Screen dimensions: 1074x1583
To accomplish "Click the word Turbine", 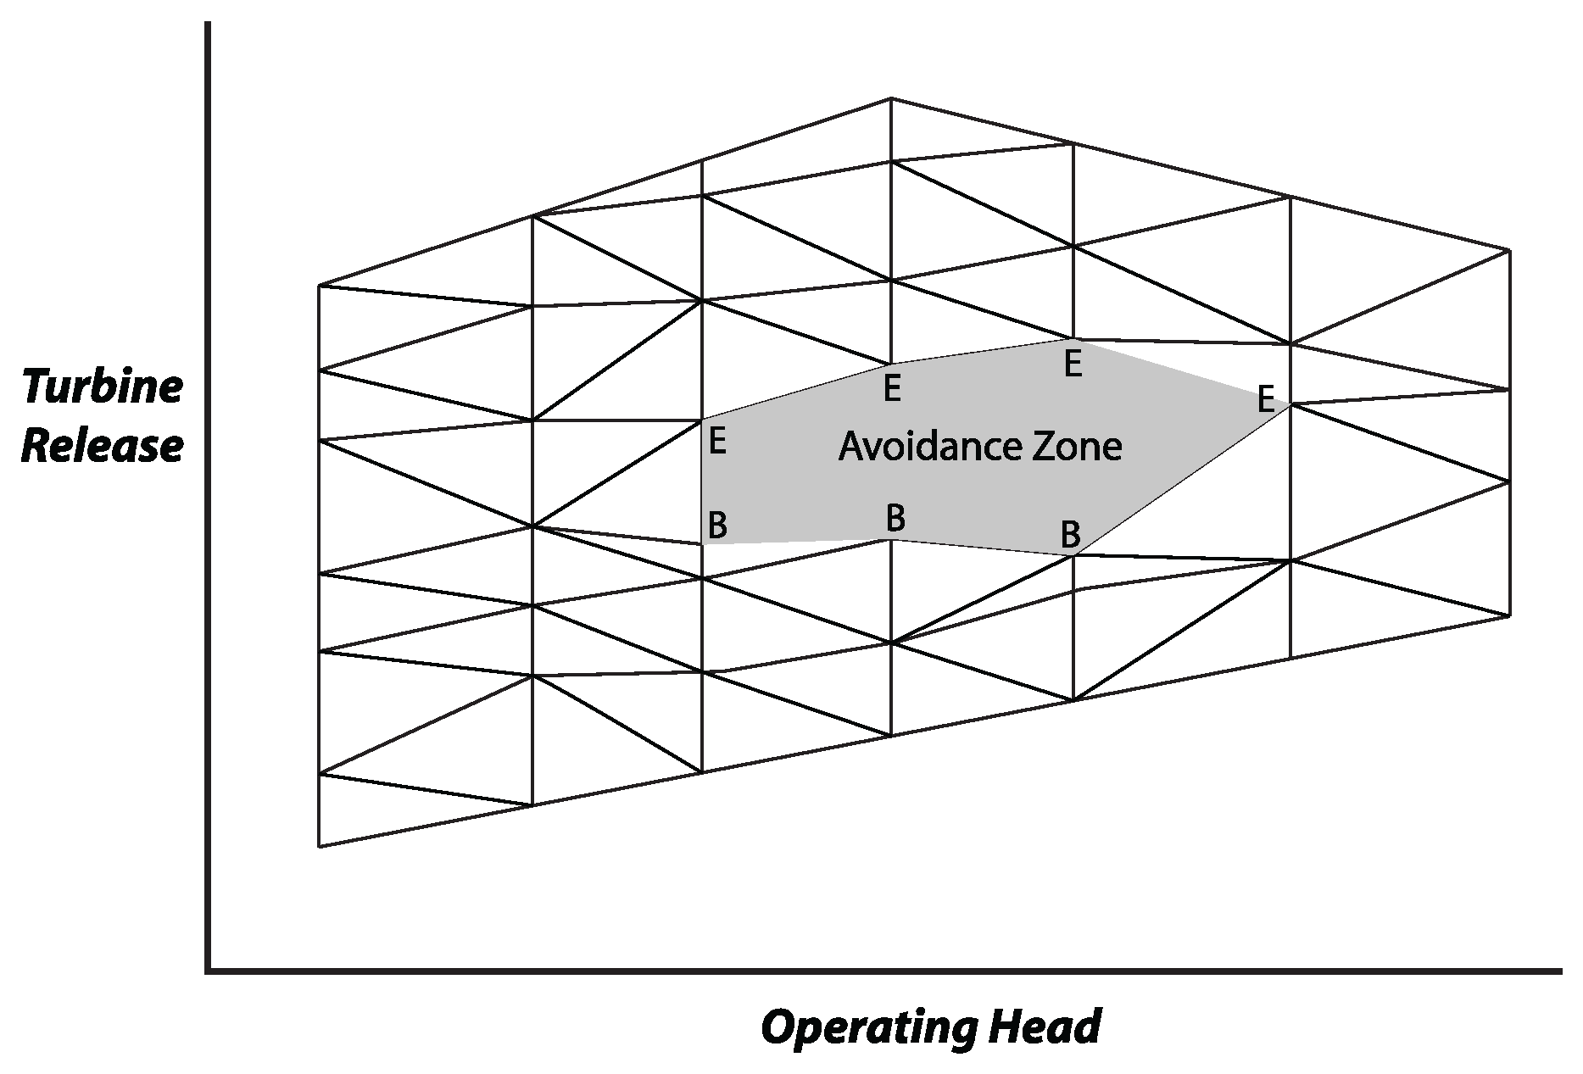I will coord(102,387).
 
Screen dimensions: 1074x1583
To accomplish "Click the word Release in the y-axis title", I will coord(102,447).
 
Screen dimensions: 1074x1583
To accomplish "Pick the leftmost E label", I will coord(716,442).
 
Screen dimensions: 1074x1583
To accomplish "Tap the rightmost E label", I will coord(1265,398).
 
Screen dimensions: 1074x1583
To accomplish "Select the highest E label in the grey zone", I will coord(1073,365).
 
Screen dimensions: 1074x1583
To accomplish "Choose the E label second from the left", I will coord(891,389).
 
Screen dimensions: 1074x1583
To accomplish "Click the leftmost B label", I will coord(716,526).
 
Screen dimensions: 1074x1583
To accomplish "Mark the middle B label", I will coord(895,517).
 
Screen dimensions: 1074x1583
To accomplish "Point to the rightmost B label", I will coord(1070,535).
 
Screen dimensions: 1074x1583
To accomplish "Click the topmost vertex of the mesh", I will coord(890,98).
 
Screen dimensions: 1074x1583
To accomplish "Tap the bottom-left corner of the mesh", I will coord(319,846).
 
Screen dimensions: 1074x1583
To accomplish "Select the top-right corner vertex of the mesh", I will coord(1509,250).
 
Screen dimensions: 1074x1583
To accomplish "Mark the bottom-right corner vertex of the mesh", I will coord(1509,616).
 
